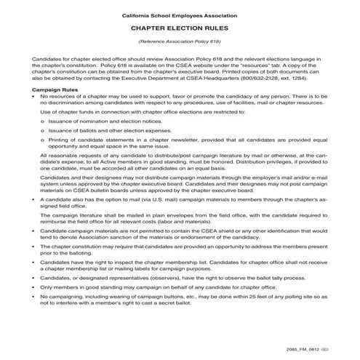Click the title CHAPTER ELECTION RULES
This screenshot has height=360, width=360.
pos(180,28)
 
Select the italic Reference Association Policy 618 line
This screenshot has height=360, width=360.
pos(180,41)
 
